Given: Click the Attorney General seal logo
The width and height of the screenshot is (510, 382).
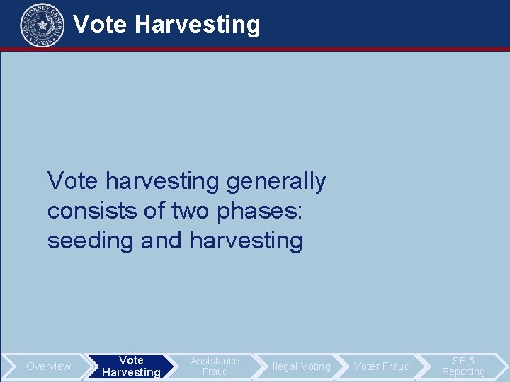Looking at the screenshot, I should (x=42, y=25).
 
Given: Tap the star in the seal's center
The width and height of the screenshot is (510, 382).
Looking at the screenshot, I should (x=42, y=25).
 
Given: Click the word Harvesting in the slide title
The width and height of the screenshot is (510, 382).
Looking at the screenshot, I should (x=198, y=24).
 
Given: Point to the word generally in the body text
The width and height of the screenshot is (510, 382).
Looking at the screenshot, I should (x=276, y=182).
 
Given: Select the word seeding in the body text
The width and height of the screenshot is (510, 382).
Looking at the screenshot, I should (x=91, y=241).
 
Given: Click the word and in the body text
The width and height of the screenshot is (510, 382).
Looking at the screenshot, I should (x=162, y=241).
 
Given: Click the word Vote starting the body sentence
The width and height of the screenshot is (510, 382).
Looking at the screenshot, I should (x=74, y=182).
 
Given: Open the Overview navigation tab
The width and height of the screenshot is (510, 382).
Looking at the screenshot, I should (x=48, y=366).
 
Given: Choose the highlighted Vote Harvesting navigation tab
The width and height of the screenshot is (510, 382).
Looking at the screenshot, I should (x=131, y=366).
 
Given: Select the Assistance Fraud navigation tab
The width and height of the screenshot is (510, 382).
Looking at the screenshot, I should (x=215, y=366).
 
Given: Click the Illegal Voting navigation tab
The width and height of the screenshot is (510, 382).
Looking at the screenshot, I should (x=300, y=366).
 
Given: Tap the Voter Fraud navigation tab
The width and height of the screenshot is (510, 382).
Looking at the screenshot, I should (x=382, y=366).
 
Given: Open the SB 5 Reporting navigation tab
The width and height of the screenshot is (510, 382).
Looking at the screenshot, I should (x=463, y=366).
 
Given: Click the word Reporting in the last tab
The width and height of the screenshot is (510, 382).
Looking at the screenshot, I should (x=463, y=372).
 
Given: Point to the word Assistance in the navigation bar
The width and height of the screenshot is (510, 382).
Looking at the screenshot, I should (x=215, y=361).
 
